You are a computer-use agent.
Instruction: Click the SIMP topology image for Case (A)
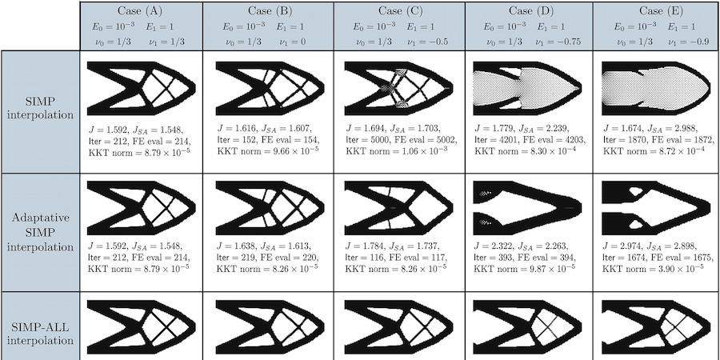[x=140, y=86]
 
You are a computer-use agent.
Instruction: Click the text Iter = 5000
[x=366, y=138]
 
